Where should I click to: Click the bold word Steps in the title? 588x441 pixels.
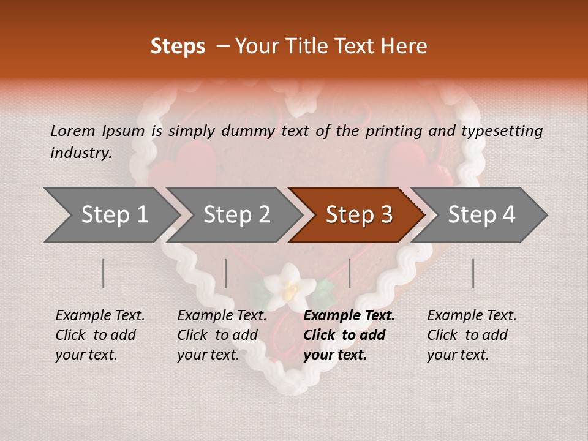(x=178, y=47)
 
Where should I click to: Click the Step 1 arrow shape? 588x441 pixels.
(x=110, y=215)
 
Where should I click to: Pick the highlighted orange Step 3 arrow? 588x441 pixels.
(x=358, y=215)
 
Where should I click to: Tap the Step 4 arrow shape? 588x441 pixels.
(x=481, y=215)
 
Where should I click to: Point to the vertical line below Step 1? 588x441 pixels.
(x=104, y=273)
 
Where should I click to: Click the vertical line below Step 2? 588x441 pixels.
(x=226, y=273)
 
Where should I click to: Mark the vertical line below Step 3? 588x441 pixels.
(x=349, y=273)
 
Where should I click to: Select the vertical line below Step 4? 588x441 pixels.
(x=473, y=273)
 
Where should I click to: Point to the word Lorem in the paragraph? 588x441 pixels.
(x=73, y=130)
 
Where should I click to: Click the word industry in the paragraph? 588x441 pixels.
(x=81, y=153)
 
